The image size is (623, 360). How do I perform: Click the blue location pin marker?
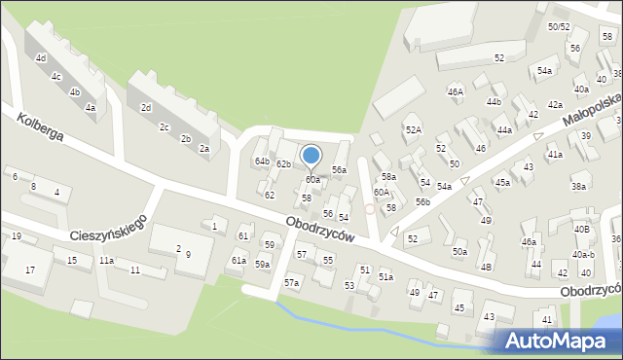point(311,156)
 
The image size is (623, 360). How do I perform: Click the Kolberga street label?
point(40,126)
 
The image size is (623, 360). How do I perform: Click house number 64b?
point(262,161)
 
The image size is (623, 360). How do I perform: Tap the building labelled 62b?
point(283,163)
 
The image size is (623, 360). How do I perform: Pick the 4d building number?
point(41,58)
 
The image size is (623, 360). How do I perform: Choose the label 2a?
point(204,149)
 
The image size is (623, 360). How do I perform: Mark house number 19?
point(17,236)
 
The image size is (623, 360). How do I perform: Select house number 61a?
point(238,261)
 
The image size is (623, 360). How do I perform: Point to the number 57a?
point(291,282)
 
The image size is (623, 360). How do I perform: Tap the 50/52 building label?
point(559,26)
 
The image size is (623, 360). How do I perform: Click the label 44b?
point(494,101)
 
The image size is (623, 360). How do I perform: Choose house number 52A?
point(414,129)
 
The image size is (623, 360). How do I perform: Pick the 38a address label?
point(579,187)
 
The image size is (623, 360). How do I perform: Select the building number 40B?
point(581,230)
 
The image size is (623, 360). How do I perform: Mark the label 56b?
point(422,201)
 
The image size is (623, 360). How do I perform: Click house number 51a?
point(385,277)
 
